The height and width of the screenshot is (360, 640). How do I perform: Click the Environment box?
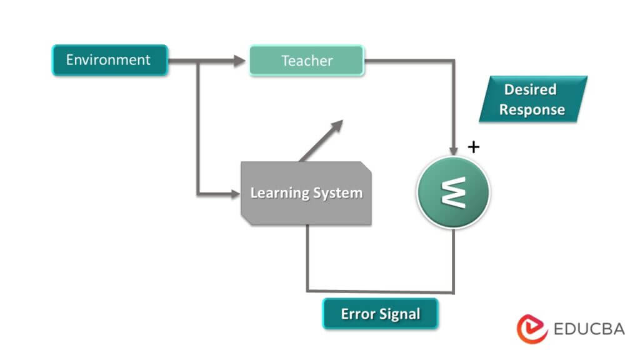[109, 61]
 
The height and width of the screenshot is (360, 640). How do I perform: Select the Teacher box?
[306, 61]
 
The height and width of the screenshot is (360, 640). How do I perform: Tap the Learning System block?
[306, 193]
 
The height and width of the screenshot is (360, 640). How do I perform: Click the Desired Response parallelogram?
[532, 99]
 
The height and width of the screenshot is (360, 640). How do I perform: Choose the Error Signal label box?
[380, 314]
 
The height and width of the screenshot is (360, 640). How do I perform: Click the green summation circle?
[454, 192]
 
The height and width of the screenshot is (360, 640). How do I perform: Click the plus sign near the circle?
[474, 147]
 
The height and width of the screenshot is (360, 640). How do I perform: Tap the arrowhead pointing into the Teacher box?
[241, 61]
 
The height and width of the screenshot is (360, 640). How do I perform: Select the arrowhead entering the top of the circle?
[454, 150]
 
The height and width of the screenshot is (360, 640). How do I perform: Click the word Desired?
[530, 89]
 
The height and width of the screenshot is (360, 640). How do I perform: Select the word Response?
[532, 110]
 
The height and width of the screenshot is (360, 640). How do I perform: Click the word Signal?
[399, 314]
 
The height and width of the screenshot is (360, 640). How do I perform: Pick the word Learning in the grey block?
[277, 193]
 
